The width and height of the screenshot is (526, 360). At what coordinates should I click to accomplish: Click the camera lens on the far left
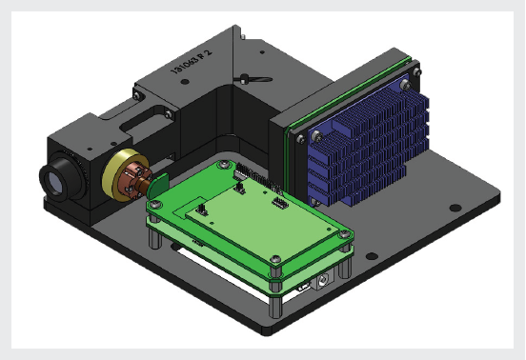[51, 178]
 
